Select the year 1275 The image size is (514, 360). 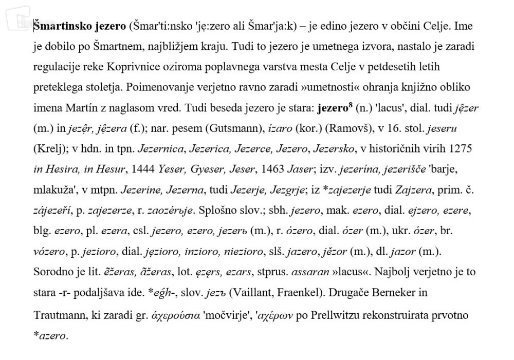(x=462, y=149)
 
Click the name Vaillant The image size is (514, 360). (x=252, y=293)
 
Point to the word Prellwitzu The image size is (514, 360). (x=340, y=315)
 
